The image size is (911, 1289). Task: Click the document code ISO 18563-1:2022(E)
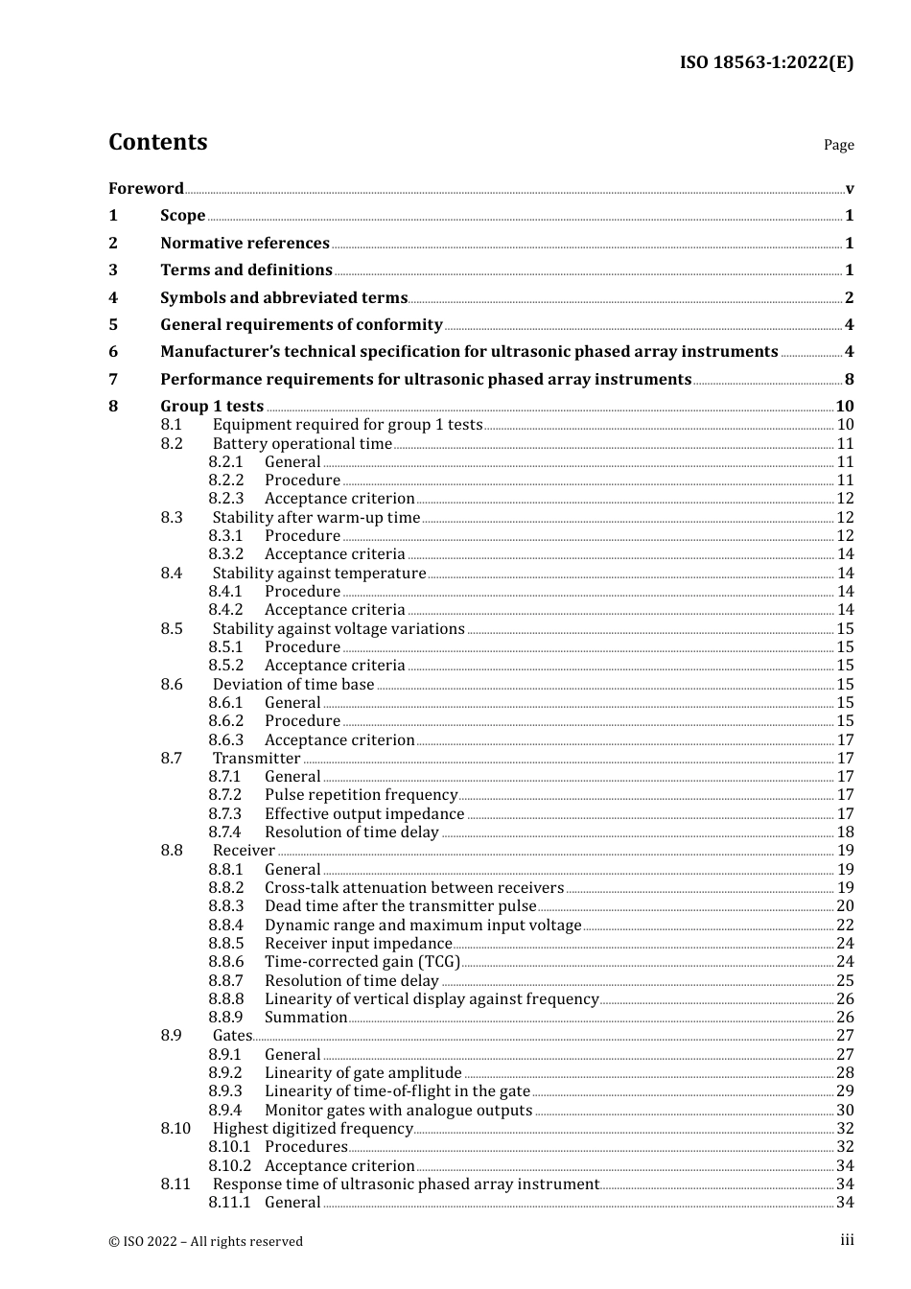point(766,62)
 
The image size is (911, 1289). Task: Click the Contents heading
point(157,142)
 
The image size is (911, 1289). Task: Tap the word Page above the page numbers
point(838,145)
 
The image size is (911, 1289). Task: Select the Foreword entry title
point(146,188)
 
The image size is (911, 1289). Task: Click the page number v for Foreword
point(850,189)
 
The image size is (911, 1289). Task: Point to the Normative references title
point(245,244)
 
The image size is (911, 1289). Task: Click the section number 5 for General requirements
point(113,325)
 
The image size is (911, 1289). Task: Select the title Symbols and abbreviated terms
point(283,298)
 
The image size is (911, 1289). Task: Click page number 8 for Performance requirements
point(850,380)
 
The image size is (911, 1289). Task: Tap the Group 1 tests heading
point(211,407)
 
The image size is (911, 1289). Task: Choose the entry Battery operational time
point(302,444)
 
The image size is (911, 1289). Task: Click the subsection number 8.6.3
point(226,740)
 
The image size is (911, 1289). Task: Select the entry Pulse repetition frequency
point(361,795)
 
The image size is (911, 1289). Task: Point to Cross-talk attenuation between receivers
point(413,888)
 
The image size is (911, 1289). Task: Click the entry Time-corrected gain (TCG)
point(362,962)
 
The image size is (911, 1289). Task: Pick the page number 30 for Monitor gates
point(845,1111)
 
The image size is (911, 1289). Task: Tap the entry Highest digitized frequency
point(313,1129)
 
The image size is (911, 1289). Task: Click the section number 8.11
point(175,1184)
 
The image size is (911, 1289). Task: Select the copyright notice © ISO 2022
point(205,1241)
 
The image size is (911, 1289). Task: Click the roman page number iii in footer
point(847,1240)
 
